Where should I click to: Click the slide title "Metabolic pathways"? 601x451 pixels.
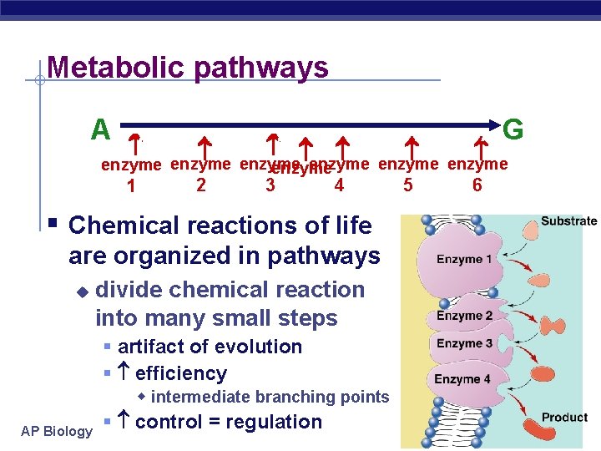188,67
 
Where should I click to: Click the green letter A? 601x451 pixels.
101,129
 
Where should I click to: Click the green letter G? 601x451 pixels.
514,129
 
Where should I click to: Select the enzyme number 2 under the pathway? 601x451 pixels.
200,185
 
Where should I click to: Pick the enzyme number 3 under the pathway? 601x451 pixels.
270,185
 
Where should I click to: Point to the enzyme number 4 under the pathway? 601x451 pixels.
339,185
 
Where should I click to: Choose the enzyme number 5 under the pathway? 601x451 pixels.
408,185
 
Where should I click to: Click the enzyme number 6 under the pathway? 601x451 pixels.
477,185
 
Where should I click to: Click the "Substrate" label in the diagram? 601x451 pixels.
568,221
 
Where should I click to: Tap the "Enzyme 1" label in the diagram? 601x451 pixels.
464,259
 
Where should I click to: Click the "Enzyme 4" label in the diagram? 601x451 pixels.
462,379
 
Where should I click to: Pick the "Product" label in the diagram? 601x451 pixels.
564,417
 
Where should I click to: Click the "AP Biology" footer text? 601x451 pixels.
58,431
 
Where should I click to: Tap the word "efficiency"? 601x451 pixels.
181,373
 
